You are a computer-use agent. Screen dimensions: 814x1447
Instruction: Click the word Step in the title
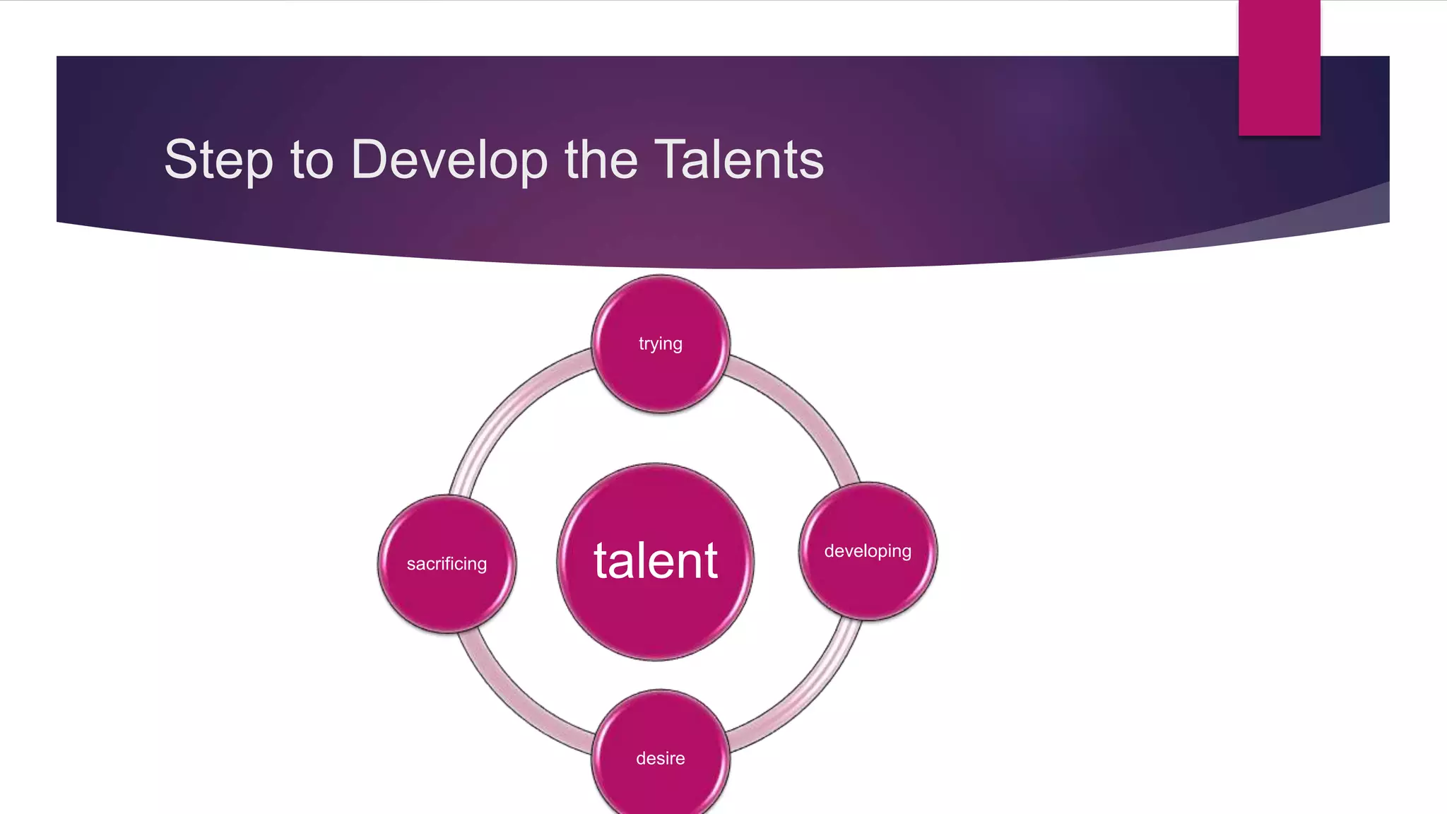[218, 160]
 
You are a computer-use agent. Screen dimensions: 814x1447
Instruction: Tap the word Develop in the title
[449, 160]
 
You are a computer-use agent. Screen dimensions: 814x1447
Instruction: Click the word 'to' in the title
[312, 160]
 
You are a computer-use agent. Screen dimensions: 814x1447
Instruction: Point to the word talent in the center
[656, 561]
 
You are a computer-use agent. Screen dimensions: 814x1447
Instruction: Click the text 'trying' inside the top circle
[661, 344]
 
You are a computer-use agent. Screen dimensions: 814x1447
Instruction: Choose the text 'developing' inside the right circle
[868, 551]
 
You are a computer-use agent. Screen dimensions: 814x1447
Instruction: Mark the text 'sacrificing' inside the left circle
[447, 564]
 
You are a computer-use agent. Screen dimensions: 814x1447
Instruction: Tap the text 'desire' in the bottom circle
[661, 758]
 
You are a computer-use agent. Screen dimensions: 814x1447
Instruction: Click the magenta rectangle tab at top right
[1279, 67]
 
